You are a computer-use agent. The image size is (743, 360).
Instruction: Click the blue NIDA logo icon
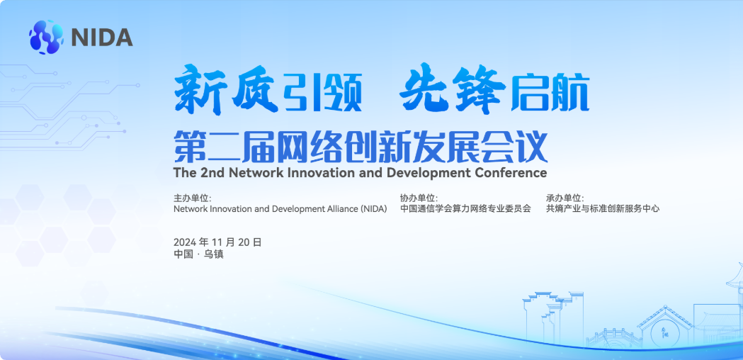coord(46,37)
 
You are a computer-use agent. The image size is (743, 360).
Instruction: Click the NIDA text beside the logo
coord(102,37)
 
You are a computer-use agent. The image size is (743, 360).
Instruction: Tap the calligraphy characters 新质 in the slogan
coord(225,89)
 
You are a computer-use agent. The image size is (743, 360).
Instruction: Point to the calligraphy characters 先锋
coord(452,89)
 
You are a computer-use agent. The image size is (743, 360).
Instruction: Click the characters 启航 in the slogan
coord(550,93)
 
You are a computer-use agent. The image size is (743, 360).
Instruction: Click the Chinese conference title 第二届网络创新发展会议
coord(361,147)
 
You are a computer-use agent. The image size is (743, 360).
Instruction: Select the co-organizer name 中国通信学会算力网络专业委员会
coord(465,208)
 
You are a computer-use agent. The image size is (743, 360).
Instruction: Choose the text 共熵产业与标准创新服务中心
coord(603,208)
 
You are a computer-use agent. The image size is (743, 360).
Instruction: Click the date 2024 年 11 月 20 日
coord(217,242)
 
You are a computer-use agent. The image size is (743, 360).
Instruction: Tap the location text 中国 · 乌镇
coord(198,254)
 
